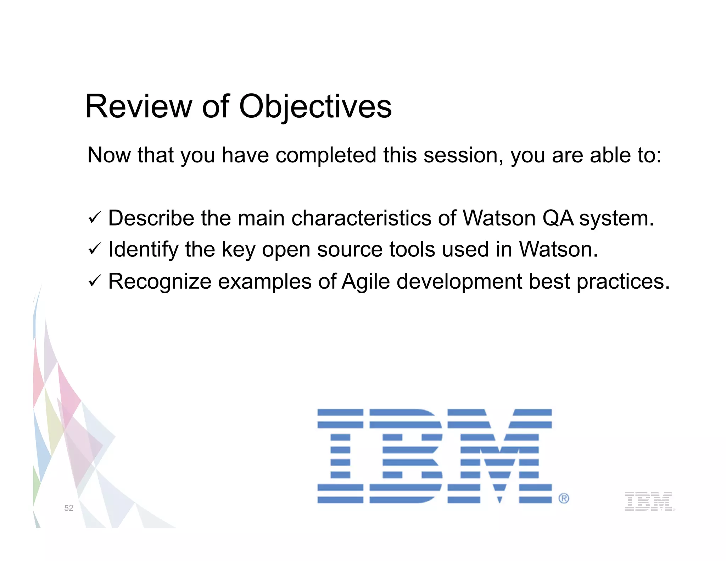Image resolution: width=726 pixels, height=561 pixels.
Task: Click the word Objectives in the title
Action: (315, 107)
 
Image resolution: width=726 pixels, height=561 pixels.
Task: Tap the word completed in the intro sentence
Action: (326, 155)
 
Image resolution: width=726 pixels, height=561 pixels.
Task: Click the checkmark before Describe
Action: (95, 217)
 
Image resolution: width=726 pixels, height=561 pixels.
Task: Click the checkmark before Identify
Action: (95, 249)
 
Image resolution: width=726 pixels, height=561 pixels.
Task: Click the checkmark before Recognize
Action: (95, 280)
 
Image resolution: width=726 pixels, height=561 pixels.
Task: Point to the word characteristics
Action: (361, 218)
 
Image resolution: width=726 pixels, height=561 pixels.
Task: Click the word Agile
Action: (365, 282)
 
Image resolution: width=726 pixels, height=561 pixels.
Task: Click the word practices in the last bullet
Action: (623, 282)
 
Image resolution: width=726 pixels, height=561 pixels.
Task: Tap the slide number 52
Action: (69, 508)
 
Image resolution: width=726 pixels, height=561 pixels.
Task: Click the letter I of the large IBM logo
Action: (340, 456)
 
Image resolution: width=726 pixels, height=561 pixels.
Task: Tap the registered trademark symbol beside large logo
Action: (564, 498)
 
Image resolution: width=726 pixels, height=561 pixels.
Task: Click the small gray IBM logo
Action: (649, 501)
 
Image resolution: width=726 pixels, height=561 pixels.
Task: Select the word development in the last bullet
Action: (459, 282)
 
